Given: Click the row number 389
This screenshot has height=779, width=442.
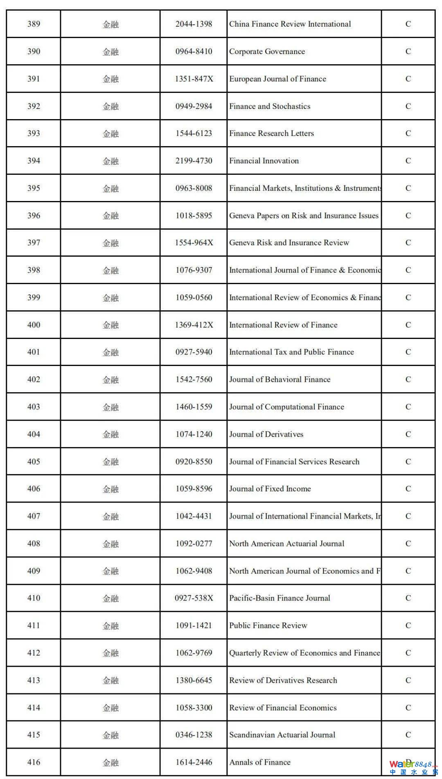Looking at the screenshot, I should [x=34, y=24].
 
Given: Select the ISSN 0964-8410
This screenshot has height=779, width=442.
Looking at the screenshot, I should [x=194, y=52].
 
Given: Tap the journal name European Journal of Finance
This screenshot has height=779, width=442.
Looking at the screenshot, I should [x=277, y=79].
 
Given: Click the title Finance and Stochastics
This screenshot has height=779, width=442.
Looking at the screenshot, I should [x=270, y=106].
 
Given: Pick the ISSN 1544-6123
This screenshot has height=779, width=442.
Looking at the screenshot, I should [x=194, y=133].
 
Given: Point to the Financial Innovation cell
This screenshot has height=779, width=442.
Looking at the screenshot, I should [x=264, y=161].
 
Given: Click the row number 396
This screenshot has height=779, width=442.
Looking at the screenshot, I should [x=34, y=216].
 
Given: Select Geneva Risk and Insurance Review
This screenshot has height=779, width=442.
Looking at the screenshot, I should [x=289, y=243].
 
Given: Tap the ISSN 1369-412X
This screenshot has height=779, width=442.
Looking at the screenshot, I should [x=194, y=325].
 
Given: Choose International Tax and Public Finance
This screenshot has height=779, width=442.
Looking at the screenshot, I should [x=291, y=352].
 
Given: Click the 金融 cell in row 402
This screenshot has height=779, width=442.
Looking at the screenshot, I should [x=110, y=379].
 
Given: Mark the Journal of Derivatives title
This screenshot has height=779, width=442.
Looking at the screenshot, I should [x=266, y=434].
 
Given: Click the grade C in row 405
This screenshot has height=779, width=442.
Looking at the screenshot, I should [x=408, y=462].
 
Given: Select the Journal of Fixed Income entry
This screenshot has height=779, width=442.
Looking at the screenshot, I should [x=270, y=489].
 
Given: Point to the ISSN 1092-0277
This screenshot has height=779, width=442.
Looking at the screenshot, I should [x=194, y=544].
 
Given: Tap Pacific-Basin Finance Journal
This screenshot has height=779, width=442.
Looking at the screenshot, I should [x=280, y=598].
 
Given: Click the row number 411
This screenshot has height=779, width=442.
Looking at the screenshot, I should [x=34, y=625].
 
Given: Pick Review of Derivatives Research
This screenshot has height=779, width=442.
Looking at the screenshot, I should [x=283, y=680].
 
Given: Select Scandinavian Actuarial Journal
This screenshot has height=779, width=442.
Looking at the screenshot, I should [x=282, y=735].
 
